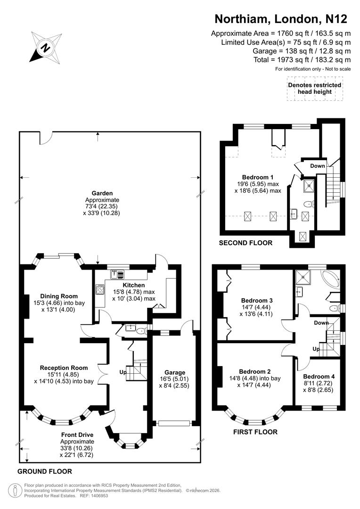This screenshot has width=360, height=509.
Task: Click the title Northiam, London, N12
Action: [281, 19]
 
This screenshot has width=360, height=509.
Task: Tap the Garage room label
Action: [174, 372]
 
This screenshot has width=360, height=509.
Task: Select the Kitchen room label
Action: [134, 285]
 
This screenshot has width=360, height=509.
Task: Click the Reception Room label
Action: [64, 368]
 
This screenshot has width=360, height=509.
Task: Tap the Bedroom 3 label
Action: [257, 300]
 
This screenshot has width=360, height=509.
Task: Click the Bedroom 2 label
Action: [254, 371]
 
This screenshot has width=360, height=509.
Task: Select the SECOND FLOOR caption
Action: [245, 243]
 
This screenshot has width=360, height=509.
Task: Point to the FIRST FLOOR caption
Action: [255, 432]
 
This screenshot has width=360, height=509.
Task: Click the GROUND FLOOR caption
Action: [45, 471]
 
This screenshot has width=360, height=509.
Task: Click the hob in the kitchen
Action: [99, 290]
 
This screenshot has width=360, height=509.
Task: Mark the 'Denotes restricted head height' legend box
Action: [315, 88]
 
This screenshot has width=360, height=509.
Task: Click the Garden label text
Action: [102, 193]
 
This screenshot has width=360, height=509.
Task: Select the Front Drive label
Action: [77, 435]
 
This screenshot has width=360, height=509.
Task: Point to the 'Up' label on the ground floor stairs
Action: [123, 372]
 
